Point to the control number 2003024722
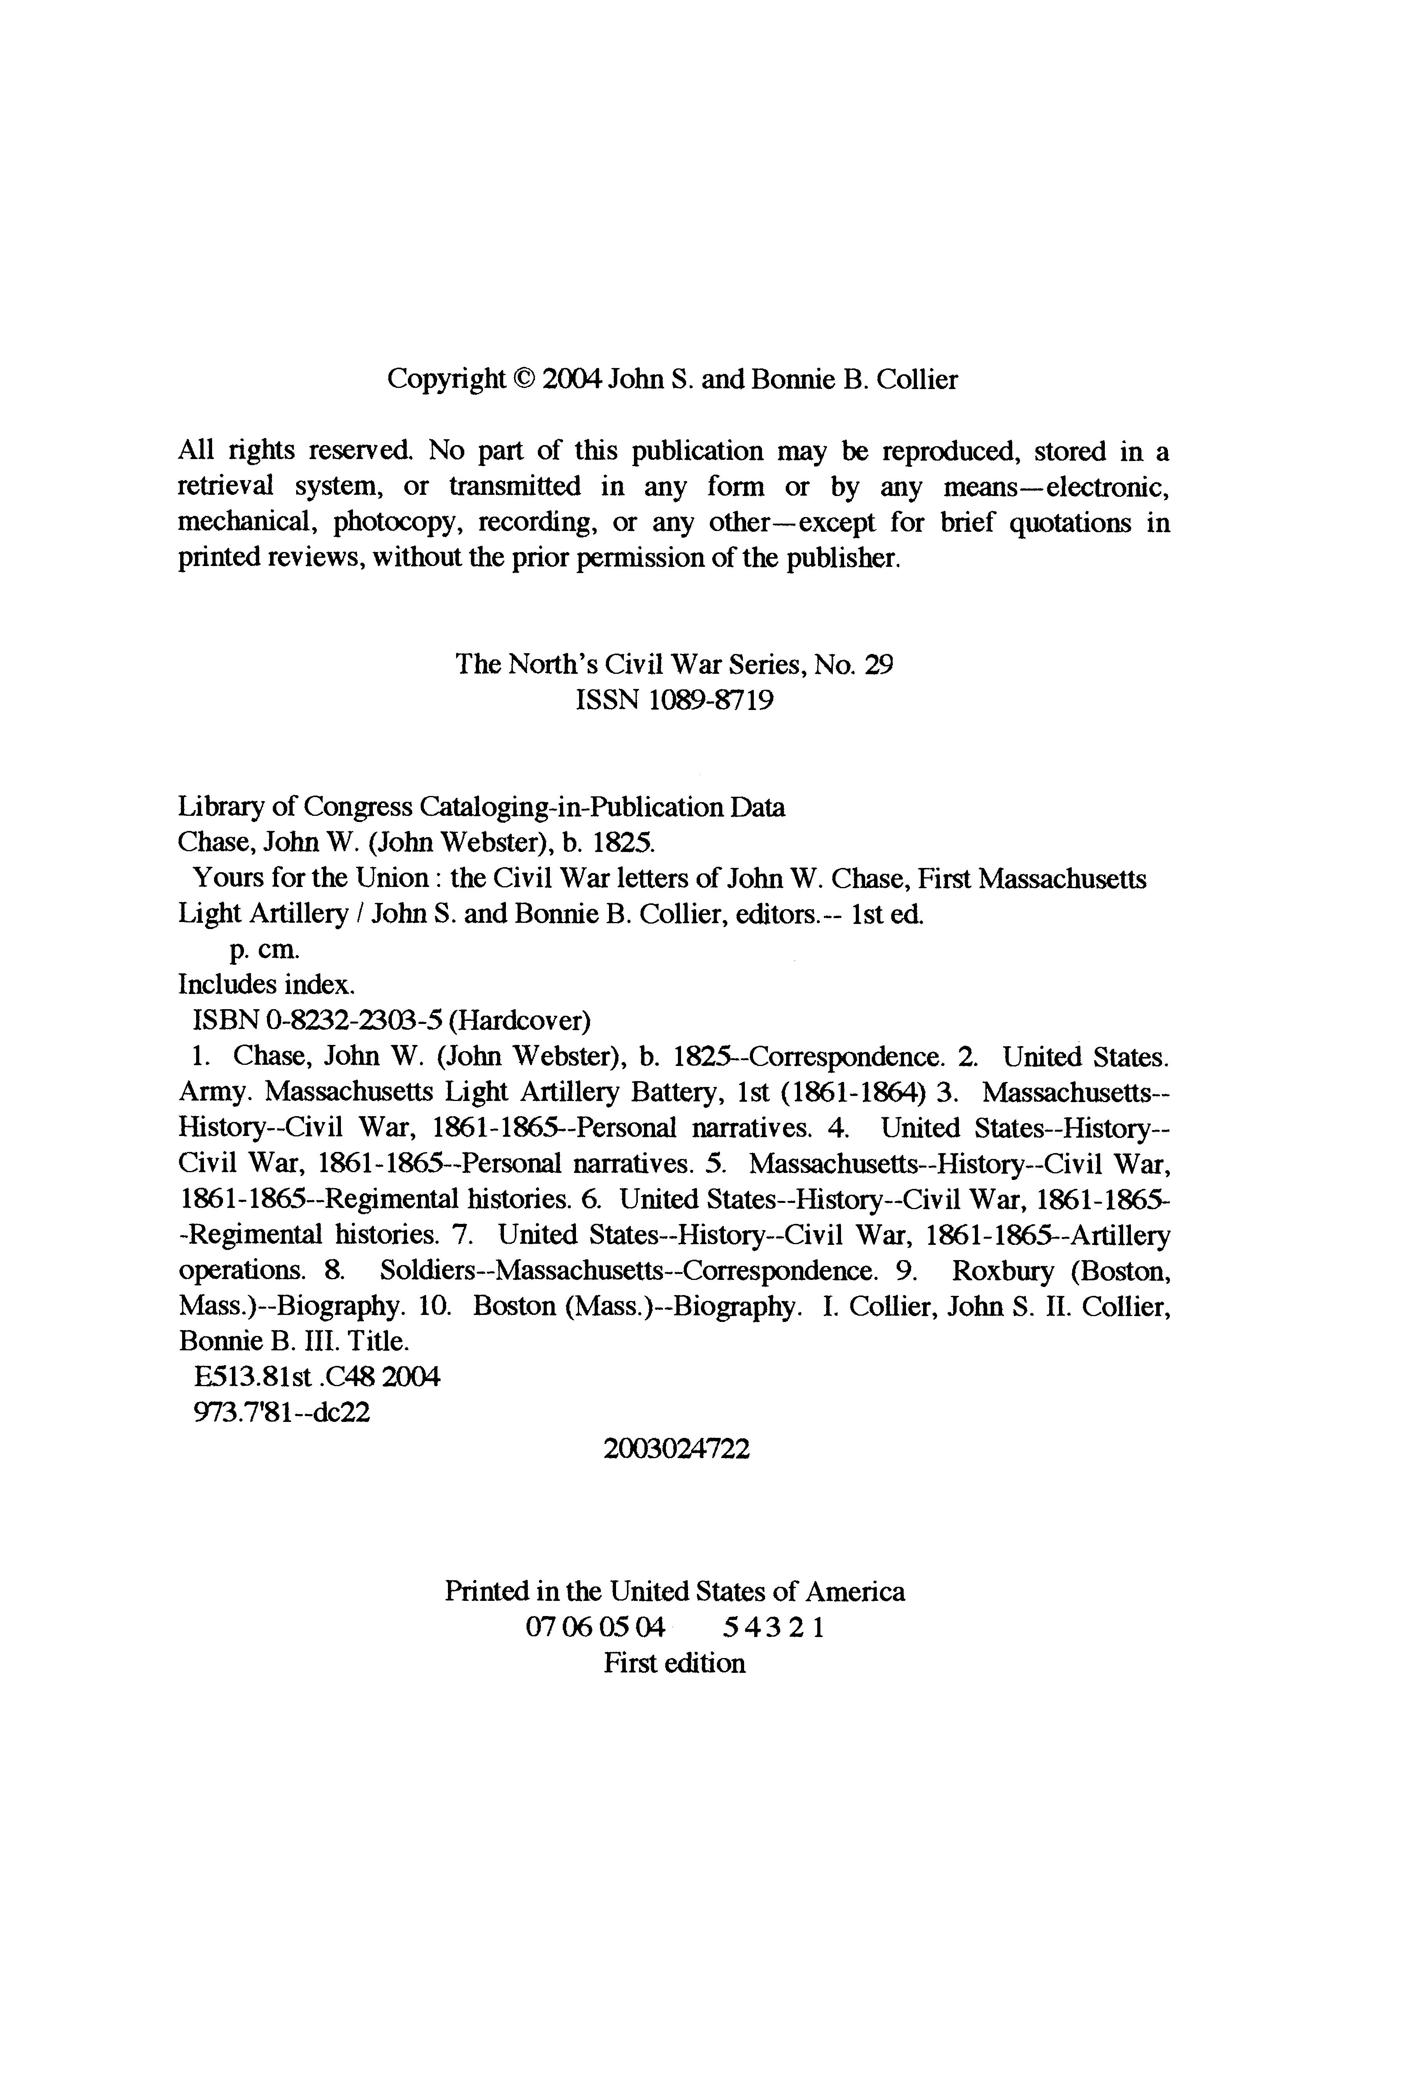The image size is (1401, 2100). click(676, 1449)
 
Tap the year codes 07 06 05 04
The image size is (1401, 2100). click(596, 1627)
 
